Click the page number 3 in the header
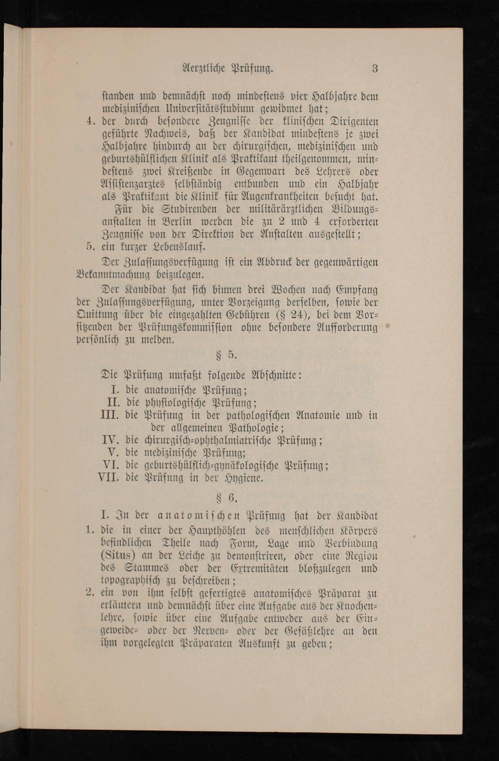(x=375, y=69)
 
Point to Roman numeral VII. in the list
(x=109, y=478)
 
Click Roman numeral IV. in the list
(x=110, y=440)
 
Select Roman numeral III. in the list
(x=110, y=415)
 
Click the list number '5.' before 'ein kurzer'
(x=90, y=247)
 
